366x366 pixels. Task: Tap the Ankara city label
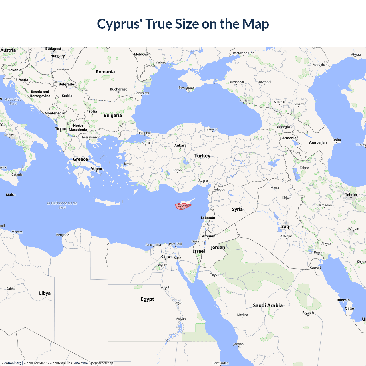click(180, 145)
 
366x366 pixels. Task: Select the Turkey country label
click(202, 156)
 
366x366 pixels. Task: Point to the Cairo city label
click(166, 256)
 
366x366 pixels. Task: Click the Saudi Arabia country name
click(268, 305)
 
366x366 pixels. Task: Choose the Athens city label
click(97, 168)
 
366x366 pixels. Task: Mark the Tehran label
click(351, 195)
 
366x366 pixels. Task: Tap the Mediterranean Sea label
click(62, 205)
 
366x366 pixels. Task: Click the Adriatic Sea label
click(13, 101)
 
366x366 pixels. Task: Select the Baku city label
click(337, 140)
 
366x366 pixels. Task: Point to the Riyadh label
click(308, 313)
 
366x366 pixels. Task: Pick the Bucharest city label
click(118, 89)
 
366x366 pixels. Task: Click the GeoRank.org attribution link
click(11, 363)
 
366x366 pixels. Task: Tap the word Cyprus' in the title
click(120, 24)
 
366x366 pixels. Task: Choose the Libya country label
click(45, 293)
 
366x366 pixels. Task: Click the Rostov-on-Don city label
click(244, 53)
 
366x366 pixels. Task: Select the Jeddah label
click(238, 344)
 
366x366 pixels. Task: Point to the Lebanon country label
click(208, 218)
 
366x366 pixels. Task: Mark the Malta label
click(11, 195)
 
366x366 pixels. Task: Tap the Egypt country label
click(147, 299)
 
